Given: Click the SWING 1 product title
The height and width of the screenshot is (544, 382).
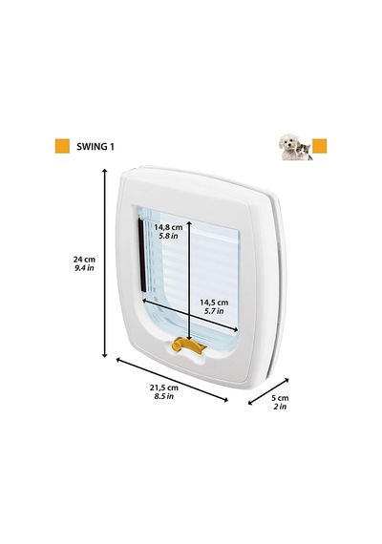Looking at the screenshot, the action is point(95,146).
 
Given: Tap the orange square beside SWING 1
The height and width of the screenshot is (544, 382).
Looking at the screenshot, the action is point(62,146).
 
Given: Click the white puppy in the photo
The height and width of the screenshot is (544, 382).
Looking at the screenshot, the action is point(289,147).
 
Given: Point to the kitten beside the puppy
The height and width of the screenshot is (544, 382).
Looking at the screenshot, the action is point(305,152).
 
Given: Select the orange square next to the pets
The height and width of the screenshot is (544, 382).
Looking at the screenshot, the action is point(320,146).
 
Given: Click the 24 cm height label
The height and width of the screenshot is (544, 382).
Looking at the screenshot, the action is point(84,259).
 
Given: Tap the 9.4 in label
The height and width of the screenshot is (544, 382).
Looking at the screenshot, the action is point(84,268).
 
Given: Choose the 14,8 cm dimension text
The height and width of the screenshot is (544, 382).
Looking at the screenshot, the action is point(168,227).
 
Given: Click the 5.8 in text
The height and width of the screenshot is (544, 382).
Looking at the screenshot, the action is point(168,236).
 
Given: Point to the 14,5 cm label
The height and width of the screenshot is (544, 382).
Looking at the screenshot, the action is point(214,303).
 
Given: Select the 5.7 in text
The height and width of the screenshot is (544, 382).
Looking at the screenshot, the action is point(214,311).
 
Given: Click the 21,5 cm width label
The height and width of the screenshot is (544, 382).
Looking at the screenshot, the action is point(164,387).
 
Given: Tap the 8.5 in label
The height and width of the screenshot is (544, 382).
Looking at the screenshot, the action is point(164,396).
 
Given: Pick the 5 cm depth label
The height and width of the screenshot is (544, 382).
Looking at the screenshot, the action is point(280,398).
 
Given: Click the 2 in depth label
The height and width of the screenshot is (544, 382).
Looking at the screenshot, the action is point(280,407).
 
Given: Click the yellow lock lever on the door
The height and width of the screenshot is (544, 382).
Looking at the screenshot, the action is point(188,345).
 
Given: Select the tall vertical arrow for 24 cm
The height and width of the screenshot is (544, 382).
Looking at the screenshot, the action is point(104,262).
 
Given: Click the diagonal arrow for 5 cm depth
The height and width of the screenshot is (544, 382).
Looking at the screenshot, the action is point(268,391).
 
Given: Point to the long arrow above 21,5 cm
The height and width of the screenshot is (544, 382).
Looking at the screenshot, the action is point(172,380).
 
